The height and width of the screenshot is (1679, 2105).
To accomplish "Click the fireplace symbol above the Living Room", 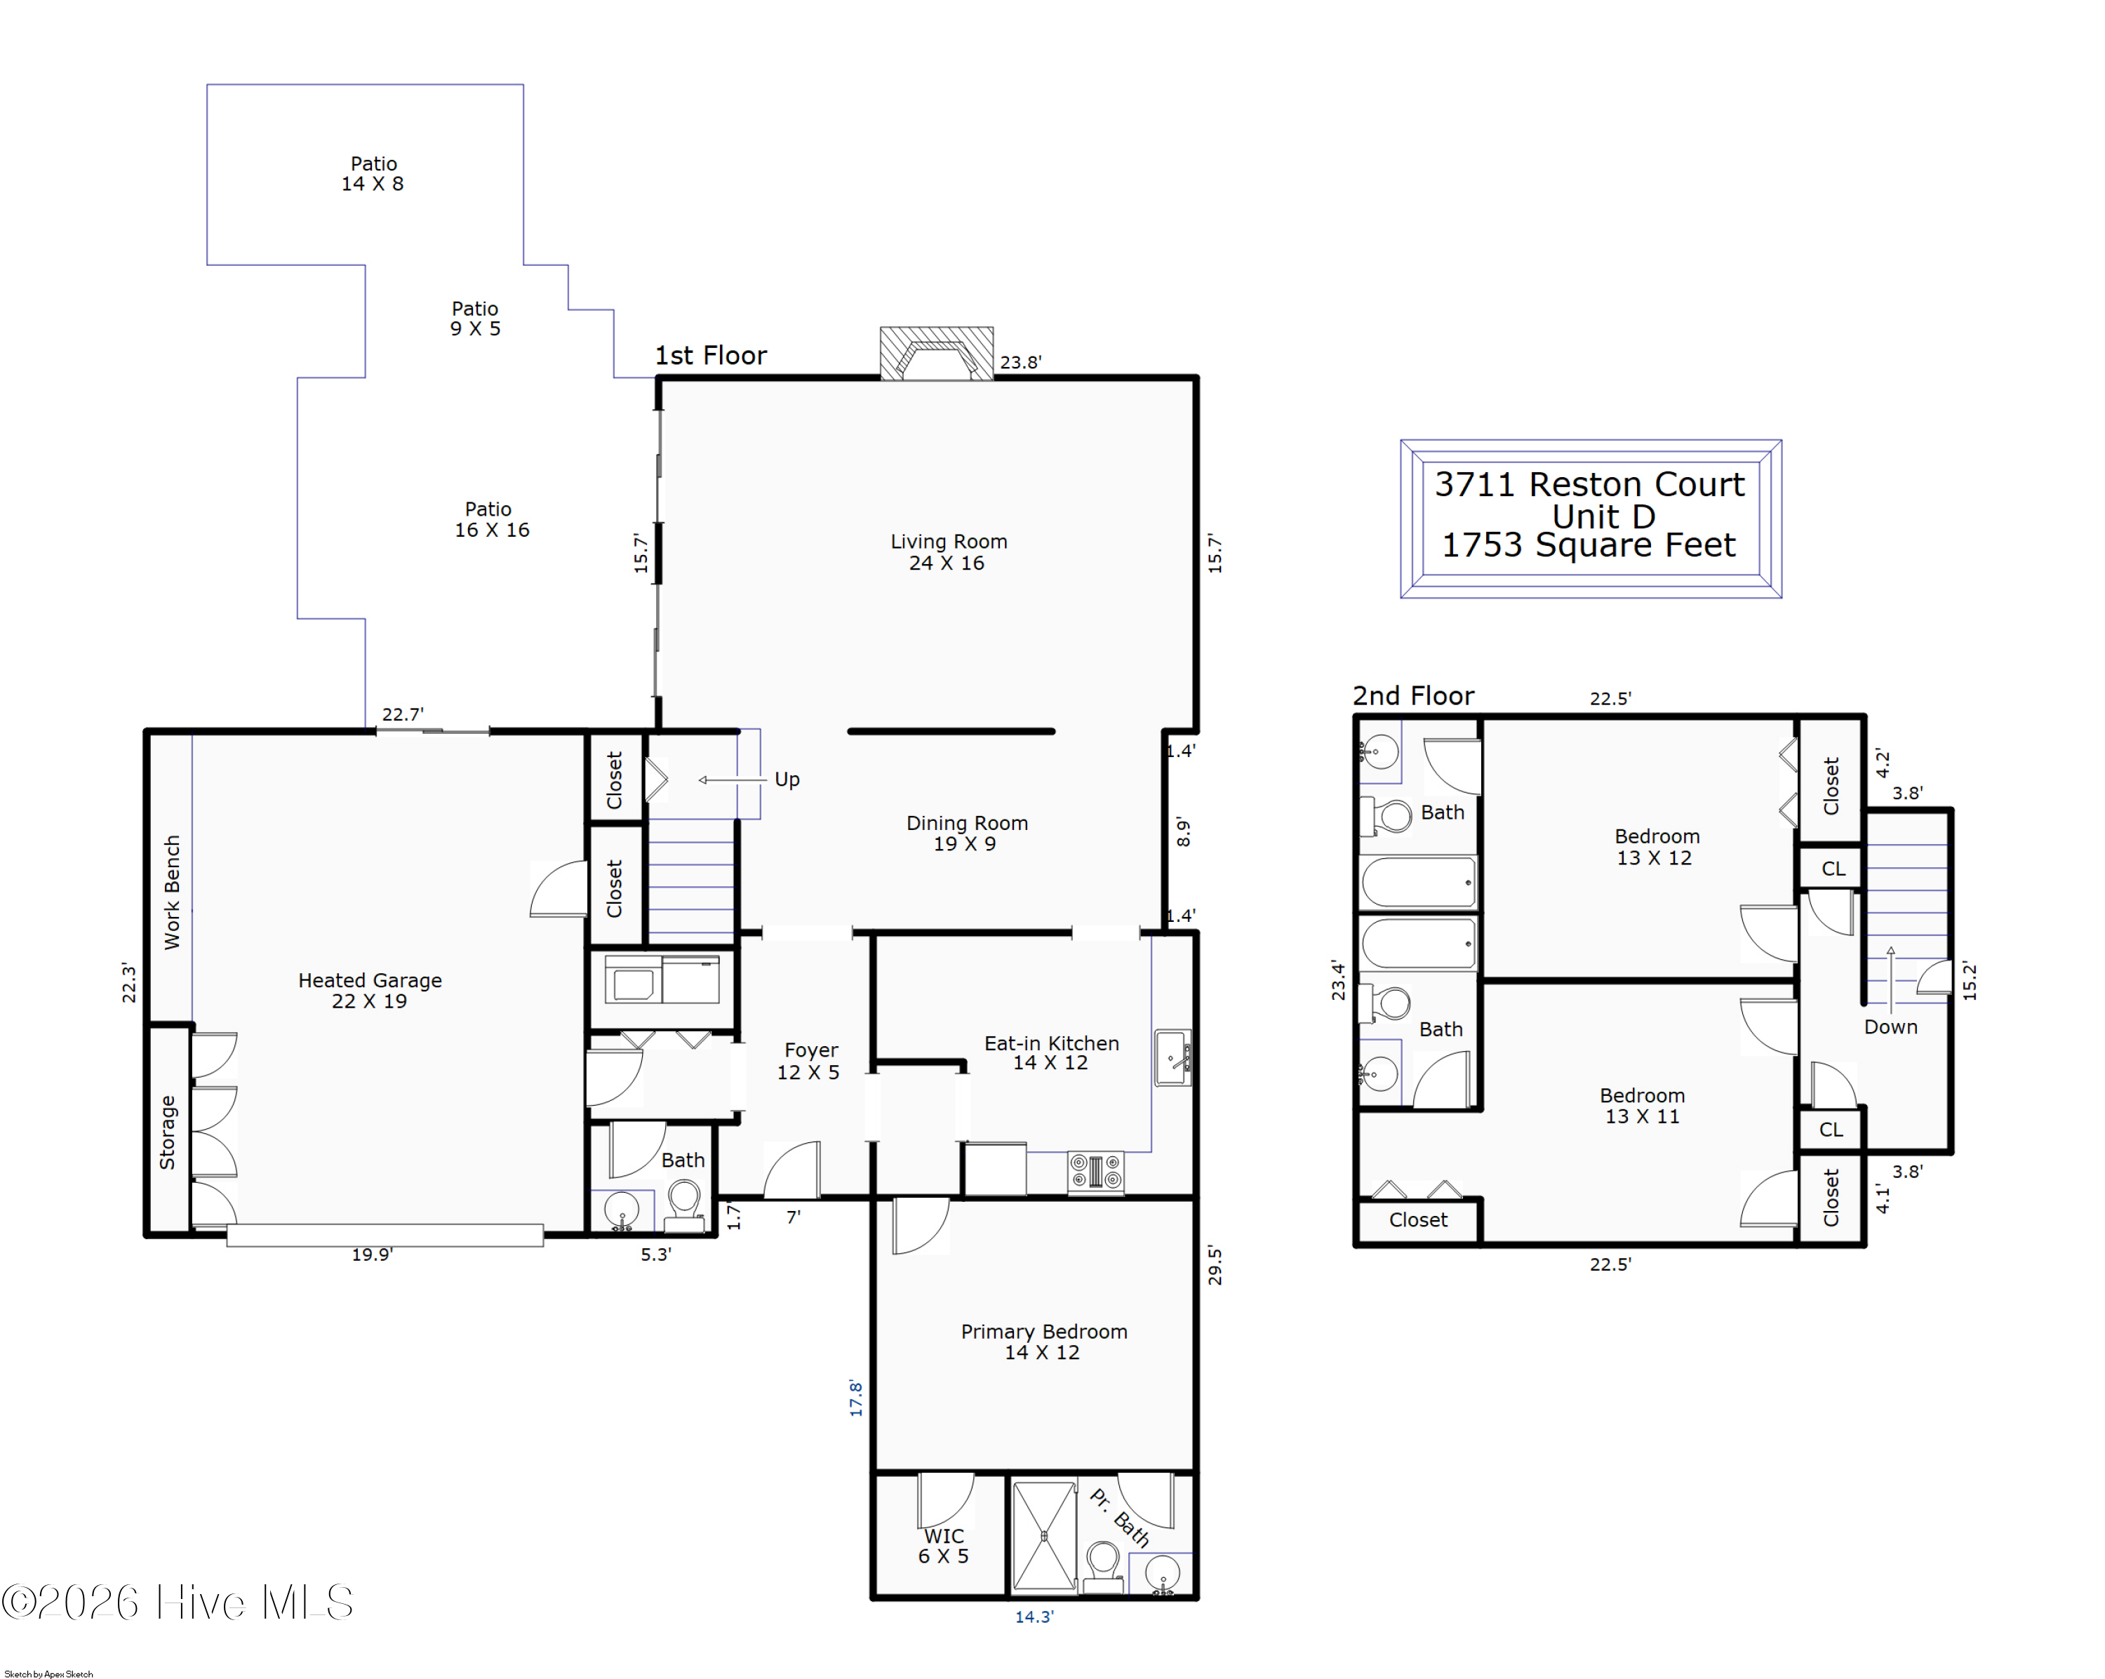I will click(936, 354).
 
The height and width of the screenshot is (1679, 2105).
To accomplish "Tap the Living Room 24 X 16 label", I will click(947, 552).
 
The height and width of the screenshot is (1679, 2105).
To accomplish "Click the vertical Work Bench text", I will click(172, 892).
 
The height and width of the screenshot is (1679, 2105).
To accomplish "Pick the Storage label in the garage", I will click(168, 1132).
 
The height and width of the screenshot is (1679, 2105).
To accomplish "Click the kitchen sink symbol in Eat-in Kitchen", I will click(1172, 1058).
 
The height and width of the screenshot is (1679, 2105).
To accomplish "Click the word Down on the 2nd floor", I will click(1890, 1027).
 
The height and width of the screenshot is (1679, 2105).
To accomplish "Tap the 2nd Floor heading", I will click(1412, 696).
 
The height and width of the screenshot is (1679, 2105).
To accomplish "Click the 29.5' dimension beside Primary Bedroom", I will click(1215, 1265).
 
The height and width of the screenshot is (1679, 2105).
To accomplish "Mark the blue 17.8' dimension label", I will click(856, 1398).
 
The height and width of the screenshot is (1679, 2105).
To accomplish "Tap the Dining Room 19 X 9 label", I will click(967, 834).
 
